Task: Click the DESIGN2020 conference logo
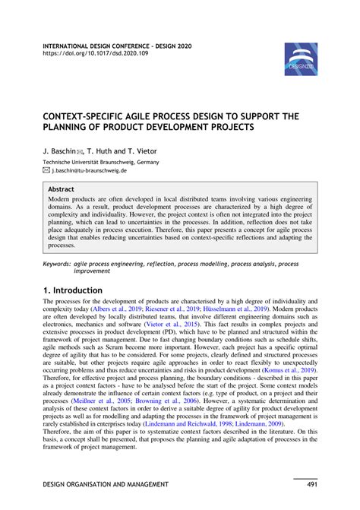pyautogui.click(x=301, y=59)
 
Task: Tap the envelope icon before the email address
pyautogui.click(x=46, y=172)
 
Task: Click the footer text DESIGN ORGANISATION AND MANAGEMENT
pyautogui.click(x=106, y=484)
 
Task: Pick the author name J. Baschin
pyautogui.click(x=62, y=150)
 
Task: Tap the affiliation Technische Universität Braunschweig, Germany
pyautogui.click(x=100, y=162)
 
